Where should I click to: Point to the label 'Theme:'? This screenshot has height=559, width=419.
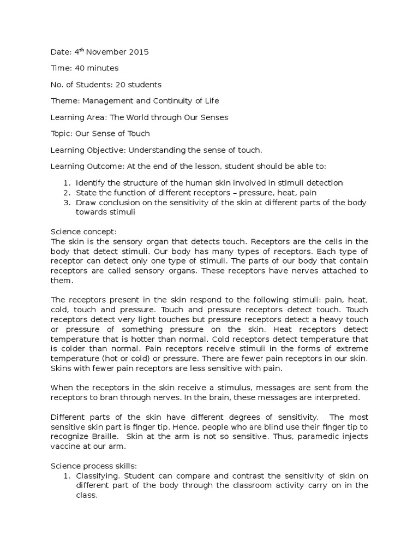point(64,101)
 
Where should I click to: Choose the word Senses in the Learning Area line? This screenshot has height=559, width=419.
point(214,117)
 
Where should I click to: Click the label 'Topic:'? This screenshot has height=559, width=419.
point(62,134)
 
